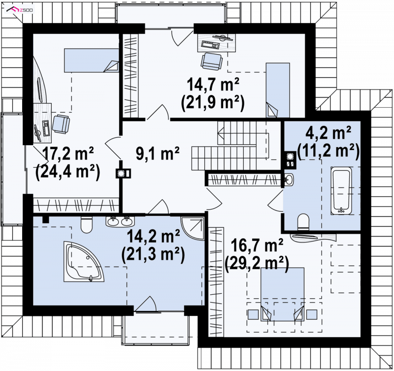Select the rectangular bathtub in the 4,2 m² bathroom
point(341,190)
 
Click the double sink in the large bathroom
point(120,221)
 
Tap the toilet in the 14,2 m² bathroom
point(87,224)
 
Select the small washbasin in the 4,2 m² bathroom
point(289,180)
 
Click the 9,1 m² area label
point(158,154)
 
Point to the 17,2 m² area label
point(68,154)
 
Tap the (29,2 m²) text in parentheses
point(257,264)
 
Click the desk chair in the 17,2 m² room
point(61,124)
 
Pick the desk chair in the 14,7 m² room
point(212,61)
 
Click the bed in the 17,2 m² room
point(92,60)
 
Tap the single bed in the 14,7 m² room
point(278,90)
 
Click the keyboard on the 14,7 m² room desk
point(211,45)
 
